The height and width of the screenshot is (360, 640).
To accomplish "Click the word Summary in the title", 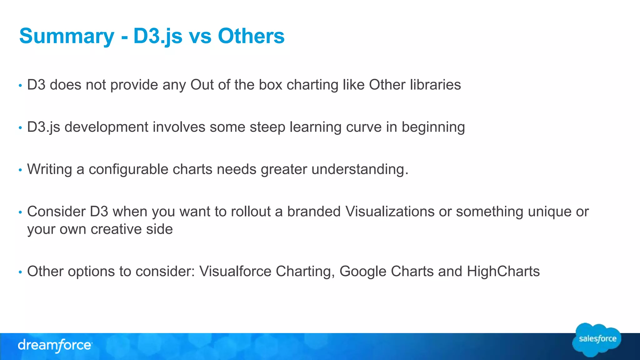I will click(x=67, y=36).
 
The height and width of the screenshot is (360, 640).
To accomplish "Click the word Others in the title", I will click(x=251, y=36).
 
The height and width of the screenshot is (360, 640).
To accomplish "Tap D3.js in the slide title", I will click(x=158, y=36).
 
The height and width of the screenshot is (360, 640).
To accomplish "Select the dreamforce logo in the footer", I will click(x=55, y=346).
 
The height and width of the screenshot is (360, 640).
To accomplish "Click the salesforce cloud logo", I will click(x=597, y=340).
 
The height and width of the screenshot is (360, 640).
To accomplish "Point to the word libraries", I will click(x=435, y=85).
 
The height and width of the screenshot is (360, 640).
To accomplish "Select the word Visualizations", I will click(x=390, y=212).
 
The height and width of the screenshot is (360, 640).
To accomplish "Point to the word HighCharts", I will click(x=503, y=271).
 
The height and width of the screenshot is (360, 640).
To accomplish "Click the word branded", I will click(x=314, y=212).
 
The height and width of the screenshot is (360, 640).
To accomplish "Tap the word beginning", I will click(x=433, y=127).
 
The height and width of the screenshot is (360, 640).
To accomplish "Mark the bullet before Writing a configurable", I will click(x=20, y=170).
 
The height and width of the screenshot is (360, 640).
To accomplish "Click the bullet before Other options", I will click(x=20, y=272).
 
